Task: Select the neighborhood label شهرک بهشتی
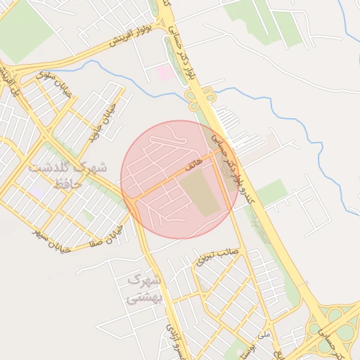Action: coord(144,289)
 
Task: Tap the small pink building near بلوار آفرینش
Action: coord(165,72)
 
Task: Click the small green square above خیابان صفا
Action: coord(87,214)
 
